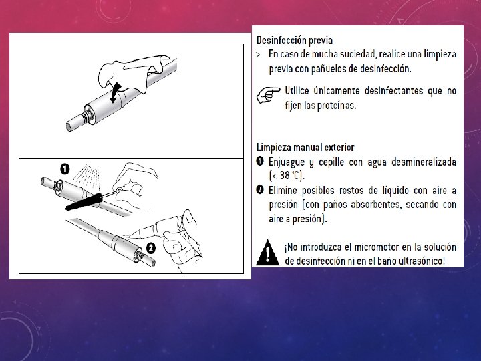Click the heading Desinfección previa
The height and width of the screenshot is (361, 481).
point(295,41)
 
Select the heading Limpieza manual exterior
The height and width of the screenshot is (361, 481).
point(305,147)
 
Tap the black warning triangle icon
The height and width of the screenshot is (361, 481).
point(267,253)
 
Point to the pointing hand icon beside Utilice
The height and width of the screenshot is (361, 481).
point(268,95)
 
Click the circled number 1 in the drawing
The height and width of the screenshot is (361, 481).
point(65,169)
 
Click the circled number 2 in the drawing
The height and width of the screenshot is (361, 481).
point(150,248)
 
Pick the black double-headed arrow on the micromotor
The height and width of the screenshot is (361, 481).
point(116,92)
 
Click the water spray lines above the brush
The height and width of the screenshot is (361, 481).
point(87,176)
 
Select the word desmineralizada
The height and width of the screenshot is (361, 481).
point(424,162)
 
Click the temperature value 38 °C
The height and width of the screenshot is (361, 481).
point(290,176)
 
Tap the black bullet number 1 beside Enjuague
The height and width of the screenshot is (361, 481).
point(260,162)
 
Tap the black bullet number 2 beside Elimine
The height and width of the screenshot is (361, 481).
point(260,190)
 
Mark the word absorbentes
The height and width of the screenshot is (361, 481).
point(362,205)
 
